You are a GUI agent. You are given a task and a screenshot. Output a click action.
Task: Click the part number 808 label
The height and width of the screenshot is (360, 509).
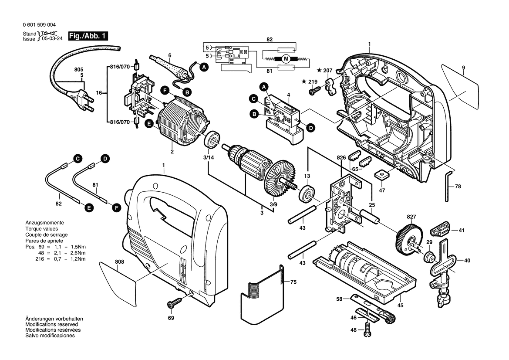[120, 262]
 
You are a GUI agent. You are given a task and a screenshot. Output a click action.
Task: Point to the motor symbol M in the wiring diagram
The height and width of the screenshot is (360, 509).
[286, 58]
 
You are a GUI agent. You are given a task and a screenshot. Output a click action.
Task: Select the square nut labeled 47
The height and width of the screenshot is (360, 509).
[382, 174]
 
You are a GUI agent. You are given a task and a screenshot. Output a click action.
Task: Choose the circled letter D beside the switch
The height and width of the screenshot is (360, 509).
[310, 128]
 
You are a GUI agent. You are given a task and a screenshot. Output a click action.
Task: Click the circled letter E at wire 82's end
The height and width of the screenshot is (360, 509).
[89, 208]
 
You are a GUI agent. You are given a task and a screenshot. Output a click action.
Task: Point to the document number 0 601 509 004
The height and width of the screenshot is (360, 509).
[38, 25]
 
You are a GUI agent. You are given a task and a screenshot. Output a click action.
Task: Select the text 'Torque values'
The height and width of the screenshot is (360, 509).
[41, 229]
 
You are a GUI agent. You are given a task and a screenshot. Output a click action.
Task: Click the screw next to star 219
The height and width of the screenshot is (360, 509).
[313, 91]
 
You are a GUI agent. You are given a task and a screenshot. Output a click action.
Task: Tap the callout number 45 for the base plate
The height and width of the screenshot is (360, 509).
[400, 306]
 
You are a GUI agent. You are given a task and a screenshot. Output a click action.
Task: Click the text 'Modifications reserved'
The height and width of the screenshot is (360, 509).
[51, 325]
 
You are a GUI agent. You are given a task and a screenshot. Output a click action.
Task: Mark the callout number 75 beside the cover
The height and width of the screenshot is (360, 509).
[293, 282]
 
